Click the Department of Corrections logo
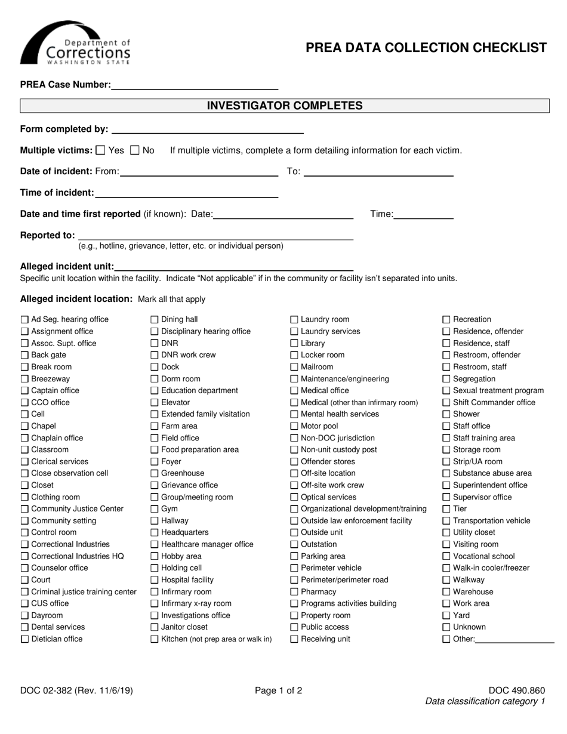coord(75,44)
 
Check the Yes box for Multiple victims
coord(100,150)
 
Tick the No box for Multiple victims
coord(135,150)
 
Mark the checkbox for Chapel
coord(24,426)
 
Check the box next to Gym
coord(155,509)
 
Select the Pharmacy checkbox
coord(294,592)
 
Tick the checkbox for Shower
coord(446,414)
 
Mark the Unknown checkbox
coord(446,627)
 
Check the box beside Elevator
coord(155,403)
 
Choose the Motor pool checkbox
coord(294,426)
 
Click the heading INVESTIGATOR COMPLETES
coord(284,106)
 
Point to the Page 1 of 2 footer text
coord(278,691)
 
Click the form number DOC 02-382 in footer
coord(76,691)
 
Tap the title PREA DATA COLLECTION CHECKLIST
coord(426,48)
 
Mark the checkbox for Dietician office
coord(24,639)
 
